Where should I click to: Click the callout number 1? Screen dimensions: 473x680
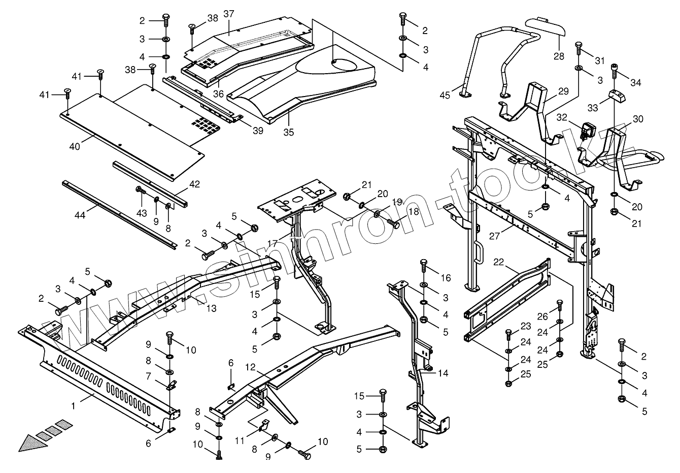pos(74,405)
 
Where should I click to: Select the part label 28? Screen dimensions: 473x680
pos(559,56)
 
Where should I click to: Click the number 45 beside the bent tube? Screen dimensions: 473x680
pos(445,95)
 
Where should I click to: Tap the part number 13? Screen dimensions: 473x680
pos(210,308)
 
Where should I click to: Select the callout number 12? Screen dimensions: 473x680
pos(250,366)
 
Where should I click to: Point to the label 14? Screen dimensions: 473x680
pos(443,373)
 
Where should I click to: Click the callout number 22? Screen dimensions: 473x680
pos(498,262)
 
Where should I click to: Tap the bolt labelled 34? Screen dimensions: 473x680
pos(616,69)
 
